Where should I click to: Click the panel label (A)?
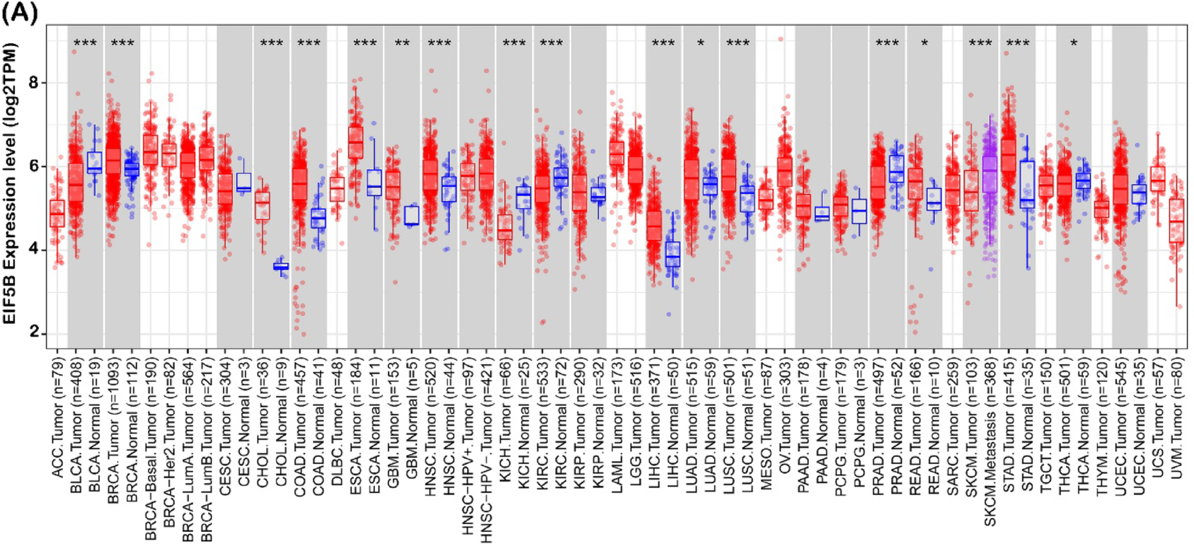coord(19,12)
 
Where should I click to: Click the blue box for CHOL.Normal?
coord(281,267)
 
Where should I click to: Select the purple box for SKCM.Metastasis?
coord(990,174)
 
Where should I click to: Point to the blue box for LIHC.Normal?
coord(673,254)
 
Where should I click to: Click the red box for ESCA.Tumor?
coord(356,142)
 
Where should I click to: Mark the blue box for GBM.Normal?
coord(412,216)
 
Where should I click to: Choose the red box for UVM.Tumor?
coord(1176,220)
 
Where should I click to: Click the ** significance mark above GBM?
coord(402,43)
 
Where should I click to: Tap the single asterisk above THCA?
coord(1074,43)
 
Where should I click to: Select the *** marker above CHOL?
coord(272,43)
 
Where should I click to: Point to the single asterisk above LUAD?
coord(701,43)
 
